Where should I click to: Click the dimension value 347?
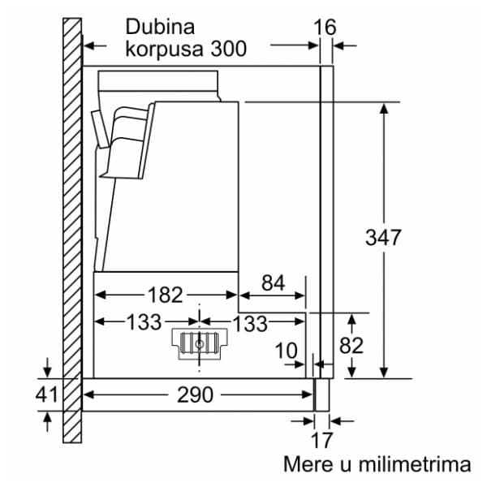click(383, 238)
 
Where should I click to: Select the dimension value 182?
click(166, 294)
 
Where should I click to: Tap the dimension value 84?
click(274, 283)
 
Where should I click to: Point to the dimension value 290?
click(195, 395)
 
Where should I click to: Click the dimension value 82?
click(351, 345)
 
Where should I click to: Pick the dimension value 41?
click(48, 395)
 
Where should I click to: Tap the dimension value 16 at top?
click(324, 28)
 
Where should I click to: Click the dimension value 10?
click(286, 352)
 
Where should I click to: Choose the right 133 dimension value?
click(250, 323)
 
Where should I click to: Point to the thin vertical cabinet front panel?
click(325, 219)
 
